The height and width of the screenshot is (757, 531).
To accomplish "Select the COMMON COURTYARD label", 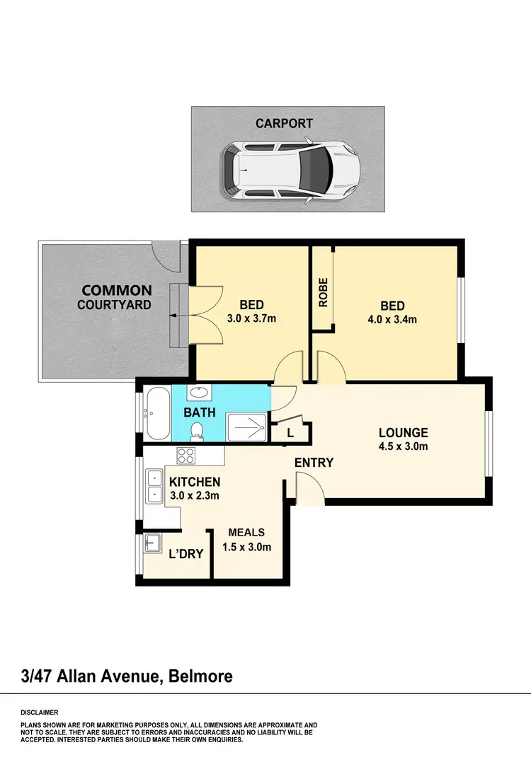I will (117, 297).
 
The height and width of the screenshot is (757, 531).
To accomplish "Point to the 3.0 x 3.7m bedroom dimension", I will (251, 318).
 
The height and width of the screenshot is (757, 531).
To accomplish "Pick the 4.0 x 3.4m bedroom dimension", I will (393, 319).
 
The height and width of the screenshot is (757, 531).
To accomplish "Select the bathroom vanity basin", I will (199, 393).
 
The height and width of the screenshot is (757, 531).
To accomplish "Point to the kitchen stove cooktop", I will (186, 456).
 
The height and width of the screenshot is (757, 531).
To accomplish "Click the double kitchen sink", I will (154, 487).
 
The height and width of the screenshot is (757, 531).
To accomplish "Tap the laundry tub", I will (151, 543).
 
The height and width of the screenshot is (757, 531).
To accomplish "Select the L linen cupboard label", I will (291, 432).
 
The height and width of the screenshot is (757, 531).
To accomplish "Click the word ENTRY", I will (314, 462).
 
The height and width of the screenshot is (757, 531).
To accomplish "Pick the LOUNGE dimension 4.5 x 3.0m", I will (403, 446).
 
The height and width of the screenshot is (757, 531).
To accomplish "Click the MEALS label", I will (246, 533).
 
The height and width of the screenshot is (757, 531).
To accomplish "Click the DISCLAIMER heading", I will (40, 712).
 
